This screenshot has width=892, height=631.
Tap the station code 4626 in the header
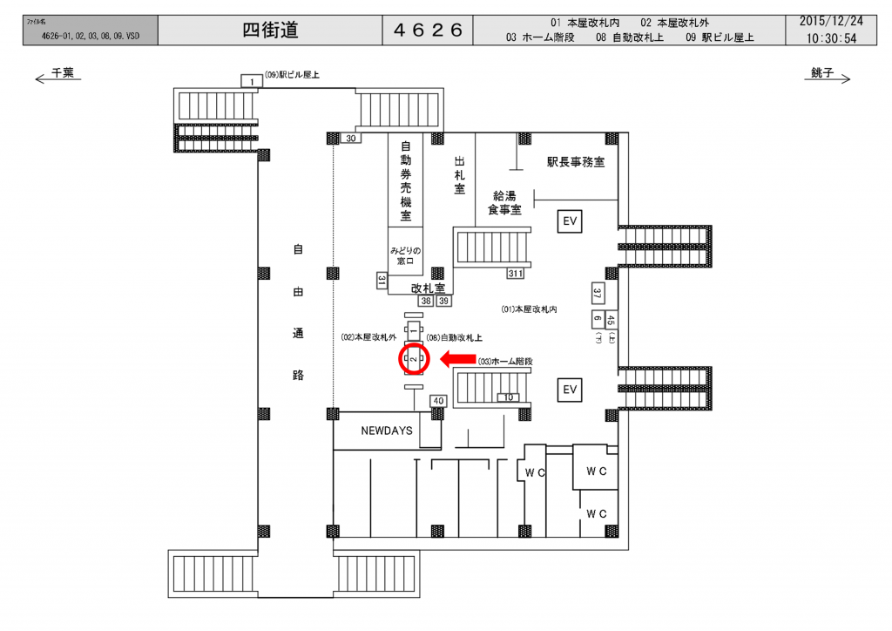point(428,31)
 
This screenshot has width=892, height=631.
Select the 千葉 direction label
point(63,74)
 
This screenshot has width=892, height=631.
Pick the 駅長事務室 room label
point(576,162)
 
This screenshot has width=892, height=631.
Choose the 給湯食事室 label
point(504,202)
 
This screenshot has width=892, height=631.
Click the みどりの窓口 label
point(406,255)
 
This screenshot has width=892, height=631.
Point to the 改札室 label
point(429,287)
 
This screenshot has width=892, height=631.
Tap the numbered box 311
point(516,274)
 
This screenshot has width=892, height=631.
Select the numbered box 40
point(438,401)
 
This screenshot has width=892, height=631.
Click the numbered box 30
point(351,139)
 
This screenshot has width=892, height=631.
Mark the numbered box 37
point(598,292)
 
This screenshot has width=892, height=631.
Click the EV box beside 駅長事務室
point(571,222)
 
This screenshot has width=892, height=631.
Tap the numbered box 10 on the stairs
point(508,397)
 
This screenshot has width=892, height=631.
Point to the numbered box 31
point(382,280)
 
